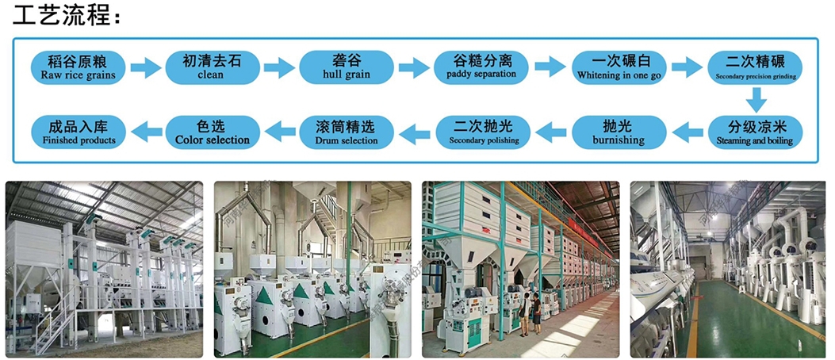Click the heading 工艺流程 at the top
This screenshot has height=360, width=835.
tap(63, 15)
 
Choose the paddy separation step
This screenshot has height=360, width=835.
tap(481, 67)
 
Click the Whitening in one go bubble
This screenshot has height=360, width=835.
tap(616, 67)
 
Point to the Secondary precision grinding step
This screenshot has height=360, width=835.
tap(756, 67)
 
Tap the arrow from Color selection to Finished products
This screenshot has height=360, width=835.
tap(145, 129)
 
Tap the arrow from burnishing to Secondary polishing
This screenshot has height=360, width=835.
tap(549, 129)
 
